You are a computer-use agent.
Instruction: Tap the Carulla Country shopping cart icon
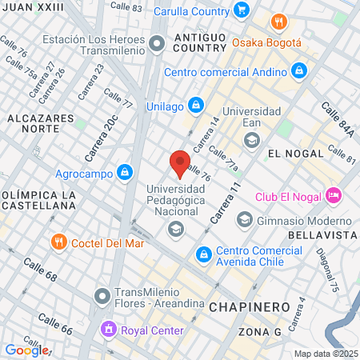click(x=242, y=10)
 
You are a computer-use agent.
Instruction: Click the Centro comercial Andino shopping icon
click(x=298, y=71)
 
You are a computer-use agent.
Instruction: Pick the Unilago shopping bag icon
click(x=196, y=106)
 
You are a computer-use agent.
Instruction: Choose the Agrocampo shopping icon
click(x=124, y=171)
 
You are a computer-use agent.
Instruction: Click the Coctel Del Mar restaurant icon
click(x=58, y=242)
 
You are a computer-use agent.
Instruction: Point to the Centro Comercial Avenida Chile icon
click(x=204, y=254)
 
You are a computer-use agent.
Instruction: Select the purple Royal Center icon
click(x=107, y=327)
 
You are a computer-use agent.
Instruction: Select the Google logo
click(x=26, y=350)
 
